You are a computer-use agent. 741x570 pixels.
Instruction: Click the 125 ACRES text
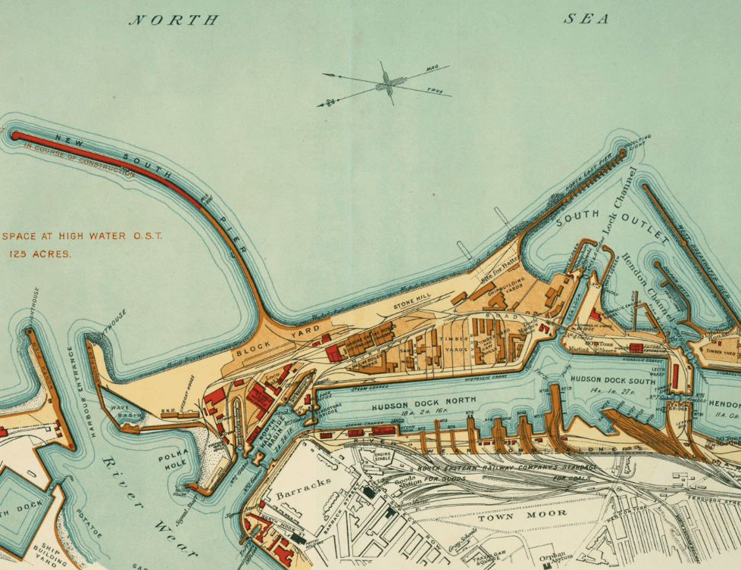click(x=40, y=254)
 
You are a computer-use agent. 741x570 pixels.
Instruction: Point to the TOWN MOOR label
click(x=511, y=515)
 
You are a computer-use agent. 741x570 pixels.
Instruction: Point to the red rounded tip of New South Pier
click(x=15, y=135)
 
